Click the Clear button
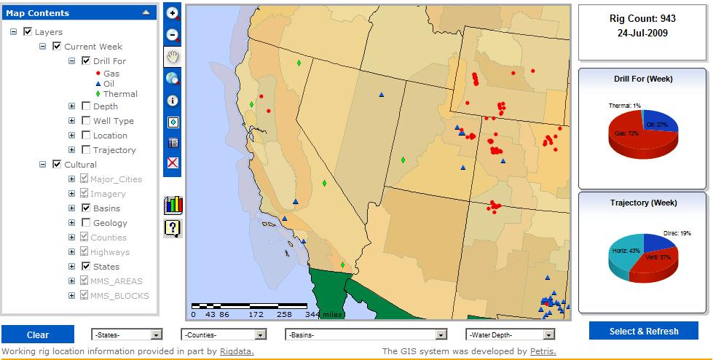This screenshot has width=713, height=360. coord(38,334)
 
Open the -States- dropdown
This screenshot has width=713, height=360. coord(127,334)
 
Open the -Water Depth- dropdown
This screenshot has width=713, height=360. coord(511,334)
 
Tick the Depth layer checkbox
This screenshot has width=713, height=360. coord(86,106)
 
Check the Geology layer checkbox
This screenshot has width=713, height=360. coord(86,223)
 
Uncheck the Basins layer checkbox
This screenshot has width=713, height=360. coord(86,208)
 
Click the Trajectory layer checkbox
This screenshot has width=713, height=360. coord(86,150)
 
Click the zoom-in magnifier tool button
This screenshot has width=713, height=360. coord(173,14)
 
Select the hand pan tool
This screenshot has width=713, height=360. coord(173,56)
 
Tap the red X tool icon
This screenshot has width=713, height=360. coord(173,163)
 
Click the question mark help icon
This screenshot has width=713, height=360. coord(173,228)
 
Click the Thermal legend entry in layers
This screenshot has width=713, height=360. coord(120,94)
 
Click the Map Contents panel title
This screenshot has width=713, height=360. coord(38,12)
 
